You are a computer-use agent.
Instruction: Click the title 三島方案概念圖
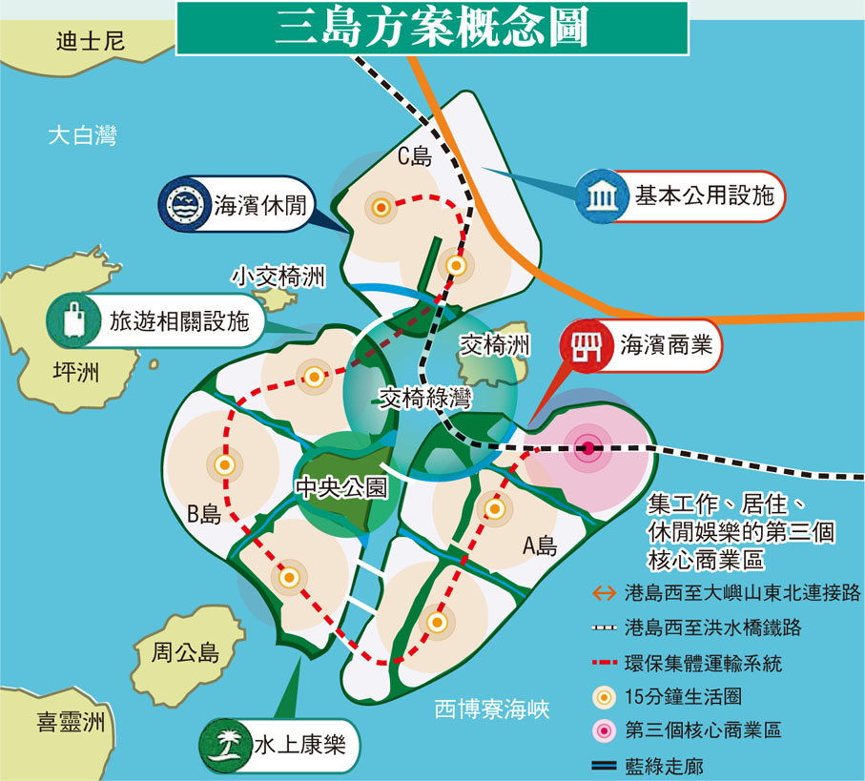(431, 29)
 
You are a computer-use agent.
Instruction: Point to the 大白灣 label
(82, 135)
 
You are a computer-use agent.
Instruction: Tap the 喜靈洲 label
(65, 722)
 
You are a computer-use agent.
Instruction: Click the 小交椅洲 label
(278, 277)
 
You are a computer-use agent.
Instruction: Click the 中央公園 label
(341, 487)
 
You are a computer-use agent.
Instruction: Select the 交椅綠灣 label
(425, 399)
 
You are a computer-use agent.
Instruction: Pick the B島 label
(204, 515)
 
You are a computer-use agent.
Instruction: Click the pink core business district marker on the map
(588, 448)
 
